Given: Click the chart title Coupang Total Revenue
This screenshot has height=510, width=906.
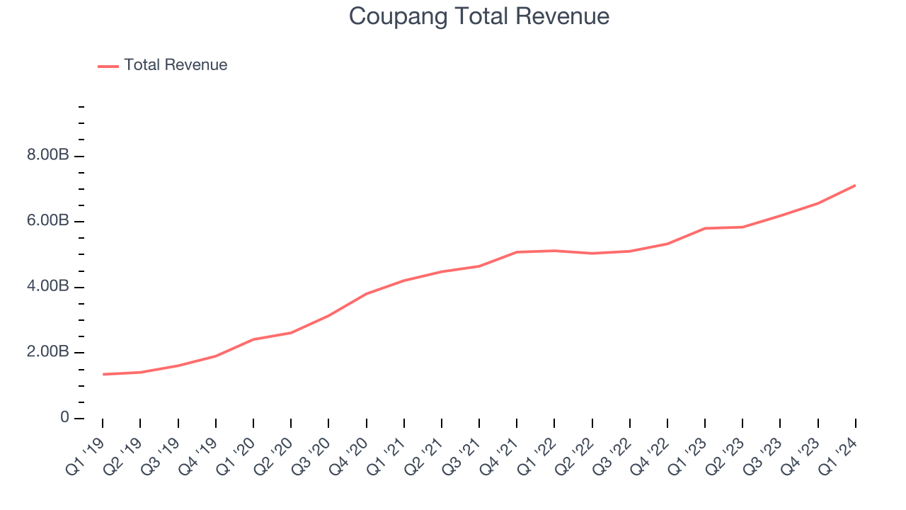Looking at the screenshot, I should click(x=479, y=16).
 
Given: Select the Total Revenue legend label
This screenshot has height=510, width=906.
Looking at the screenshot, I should click(x=176, y=65).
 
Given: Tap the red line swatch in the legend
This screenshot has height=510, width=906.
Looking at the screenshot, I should click(x=108, y=66).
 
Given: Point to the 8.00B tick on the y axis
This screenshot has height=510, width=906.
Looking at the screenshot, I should click(x=48, y=156).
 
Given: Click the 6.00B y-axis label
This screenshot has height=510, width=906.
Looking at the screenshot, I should click(x=48, y=221).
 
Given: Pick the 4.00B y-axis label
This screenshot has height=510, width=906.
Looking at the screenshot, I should click(x=48, y=287).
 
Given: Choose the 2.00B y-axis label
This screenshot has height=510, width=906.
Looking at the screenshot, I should click(x=48, y=352).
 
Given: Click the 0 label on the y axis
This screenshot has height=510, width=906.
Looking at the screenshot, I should click(x=64, y=418).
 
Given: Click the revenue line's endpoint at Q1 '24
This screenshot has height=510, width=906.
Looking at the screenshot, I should click(x=855, y=186).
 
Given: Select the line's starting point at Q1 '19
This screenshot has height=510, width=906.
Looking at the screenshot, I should click(x=103, y=374).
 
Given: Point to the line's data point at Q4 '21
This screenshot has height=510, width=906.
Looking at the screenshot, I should click(x=517, y=252).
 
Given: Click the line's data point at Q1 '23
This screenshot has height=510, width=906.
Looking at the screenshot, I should click(x=705, y=228).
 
